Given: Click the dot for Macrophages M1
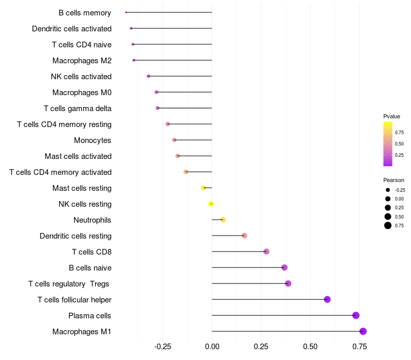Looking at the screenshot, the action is pyautogui.click(x=363, y=331).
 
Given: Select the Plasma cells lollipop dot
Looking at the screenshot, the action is pyautogui.click(x=356, y=315).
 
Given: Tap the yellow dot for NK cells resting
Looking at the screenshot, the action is pyautogui.click(x=211, y=204).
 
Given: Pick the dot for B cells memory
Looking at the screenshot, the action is pyautogui.click(x=126, y=12).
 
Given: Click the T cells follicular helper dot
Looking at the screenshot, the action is pyautogui.click(x=327, y=299).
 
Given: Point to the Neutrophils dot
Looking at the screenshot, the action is pyautogui.click(x=223, y=220).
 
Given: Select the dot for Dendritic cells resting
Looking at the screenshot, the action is pyautogui.click(x=245, y=236).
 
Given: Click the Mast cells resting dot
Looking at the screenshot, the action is pyautogui.click(x=203, y=188).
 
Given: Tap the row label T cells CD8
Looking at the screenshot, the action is pyautogui.click(x=92, y=252).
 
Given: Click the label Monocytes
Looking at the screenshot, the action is pyautogui.click(x=92, y=140).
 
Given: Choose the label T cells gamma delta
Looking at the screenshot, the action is pyautogui.click(x=78, y=109).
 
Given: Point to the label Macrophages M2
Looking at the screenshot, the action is pyautogui.click(x=82, y=61).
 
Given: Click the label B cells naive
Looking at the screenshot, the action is pyautogui.click(x=90, y=268).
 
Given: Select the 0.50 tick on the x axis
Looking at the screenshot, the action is pyautogui.click(x=310, y=347).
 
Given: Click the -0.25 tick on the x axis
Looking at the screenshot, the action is pyautogui.click(x=162, y=347).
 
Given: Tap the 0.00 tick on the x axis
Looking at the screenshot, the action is pyautogui.click(x=212, y=347).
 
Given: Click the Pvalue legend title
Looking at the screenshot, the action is pyautogui.click(x=391, y=117).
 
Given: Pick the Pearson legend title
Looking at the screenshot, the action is pyautogui.click(x=394, y=181).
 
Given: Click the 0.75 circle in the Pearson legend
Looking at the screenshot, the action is pyautogui.click(x=388, y=225).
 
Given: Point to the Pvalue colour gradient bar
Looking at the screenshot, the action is pyautogui.click(x=388, y=144).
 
